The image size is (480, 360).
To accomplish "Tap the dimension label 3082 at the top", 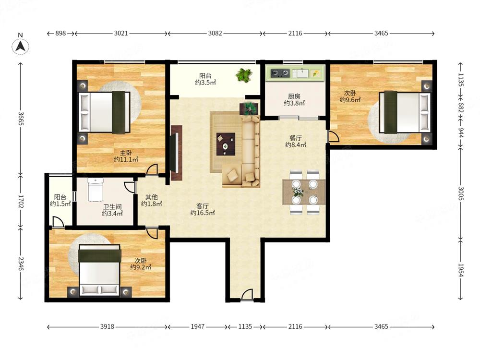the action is [x=215, y=34].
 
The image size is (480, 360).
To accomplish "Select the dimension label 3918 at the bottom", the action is [x=107, y=326].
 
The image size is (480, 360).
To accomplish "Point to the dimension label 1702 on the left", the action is [x=21, y=201].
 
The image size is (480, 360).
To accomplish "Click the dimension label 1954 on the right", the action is [x=461, y=270].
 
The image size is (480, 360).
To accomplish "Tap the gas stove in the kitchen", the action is [x=280, y=73].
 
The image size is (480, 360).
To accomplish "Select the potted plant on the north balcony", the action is [x=244, y=75].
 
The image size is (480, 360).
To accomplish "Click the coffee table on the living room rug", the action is [x=226, y=144].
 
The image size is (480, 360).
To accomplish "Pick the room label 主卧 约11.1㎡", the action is [x=126, y=156].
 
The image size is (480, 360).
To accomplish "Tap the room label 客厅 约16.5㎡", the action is [x=203, y=209].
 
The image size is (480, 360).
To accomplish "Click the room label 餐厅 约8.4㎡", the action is [x=295, y=141].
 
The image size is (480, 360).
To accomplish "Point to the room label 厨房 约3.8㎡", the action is [x=294, y=100].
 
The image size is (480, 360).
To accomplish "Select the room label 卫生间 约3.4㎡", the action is [x=112, y=210].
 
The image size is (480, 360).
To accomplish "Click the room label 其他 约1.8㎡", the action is [x=151, y=200].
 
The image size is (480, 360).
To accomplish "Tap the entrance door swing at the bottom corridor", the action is [x=247, y=295].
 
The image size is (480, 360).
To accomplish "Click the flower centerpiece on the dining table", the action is [x=298, y=192].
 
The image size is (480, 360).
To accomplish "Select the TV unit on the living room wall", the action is [x=176, y=153].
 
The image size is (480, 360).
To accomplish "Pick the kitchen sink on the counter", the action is [x=300, y=73].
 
